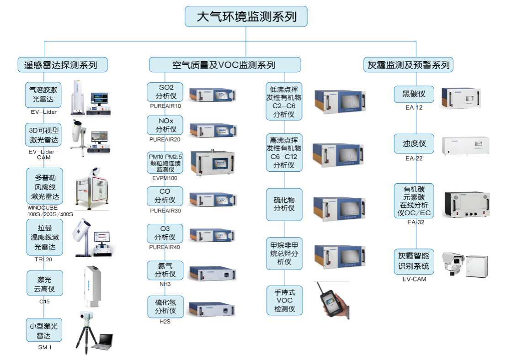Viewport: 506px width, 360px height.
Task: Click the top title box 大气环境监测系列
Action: [x=246, y=17]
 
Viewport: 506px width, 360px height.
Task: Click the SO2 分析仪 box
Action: [x=165, y=92]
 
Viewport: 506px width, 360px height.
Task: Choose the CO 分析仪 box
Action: [x=165, y=196]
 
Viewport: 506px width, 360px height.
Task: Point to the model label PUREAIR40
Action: [x=165, y=247]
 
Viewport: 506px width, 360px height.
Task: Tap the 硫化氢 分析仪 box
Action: [x=165, y=307]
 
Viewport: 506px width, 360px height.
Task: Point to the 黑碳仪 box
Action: [x=414, y=94]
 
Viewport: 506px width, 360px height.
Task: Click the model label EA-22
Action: [x=414, y=159]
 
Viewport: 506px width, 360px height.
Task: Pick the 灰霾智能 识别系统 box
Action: [x=414, y=261]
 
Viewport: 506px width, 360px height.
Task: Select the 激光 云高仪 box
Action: [x=44, y=283]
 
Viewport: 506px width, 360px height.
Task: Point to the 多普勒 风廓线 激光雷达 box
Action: [x=44, y=187]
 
